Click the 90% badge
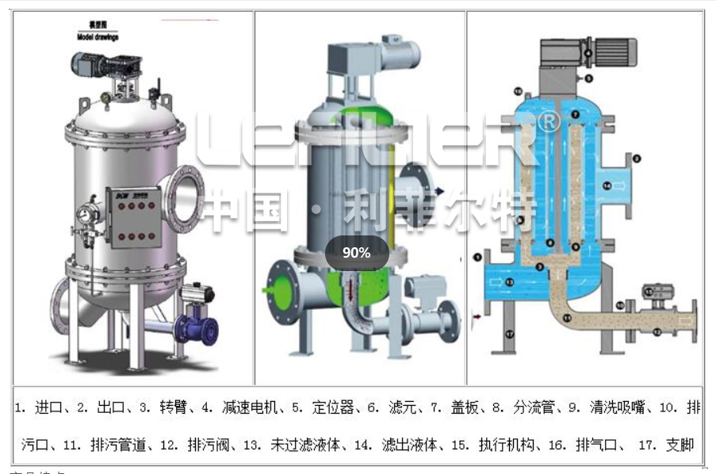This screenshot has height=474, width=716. click(x=356, y=253)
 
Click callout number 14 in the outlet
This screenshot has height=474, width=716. click(x=607, y=185)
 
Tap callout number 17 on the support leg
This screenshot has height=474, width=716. click(x=510, y=334)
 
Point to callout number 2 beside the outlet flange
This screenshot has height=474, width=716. click(x=636, y=159)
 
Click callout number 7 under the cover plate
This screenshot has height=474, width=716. click(x=576, y=116)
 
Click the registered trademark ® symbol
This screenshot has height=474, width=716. click(x=548, y=121)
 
